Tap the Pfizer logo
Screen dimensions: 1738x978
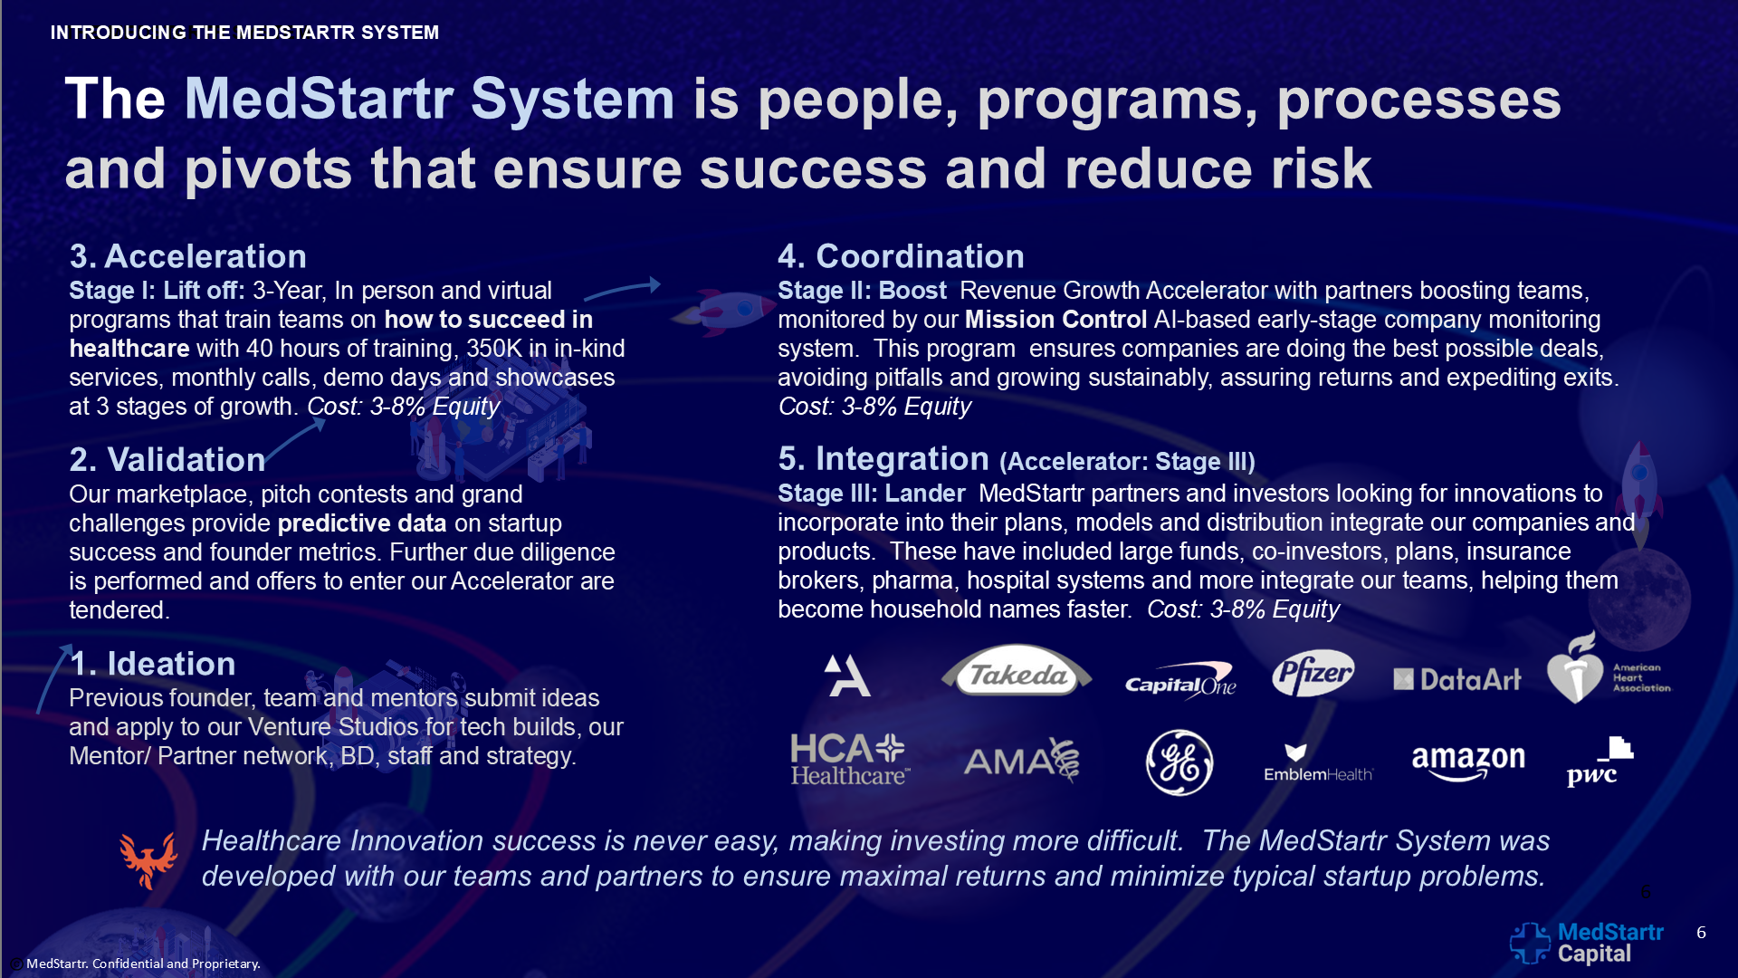point(1313,673)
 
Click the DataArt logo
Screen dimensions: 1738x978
point(1457,679)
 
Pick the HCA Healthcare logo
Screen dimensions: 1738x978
point(850,759)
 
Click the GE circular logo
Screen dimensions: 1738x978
point(1179,762)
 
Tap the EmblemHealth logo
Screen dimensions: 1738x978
point(1319,762)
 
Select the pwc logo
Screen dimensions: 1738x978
point(1600,762)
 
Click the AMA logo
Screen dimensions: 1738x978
point(1022,760)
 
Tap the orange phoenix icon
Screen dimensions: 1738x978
point(148,859)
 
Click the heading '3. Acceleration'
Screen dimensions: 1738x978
point(188,256)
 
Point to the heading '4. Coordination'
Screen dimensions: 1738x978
point(902,256)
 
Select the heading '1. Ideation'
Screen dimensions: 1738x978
point(153,664)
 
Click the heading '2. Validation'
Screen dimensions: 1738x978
point(167,460)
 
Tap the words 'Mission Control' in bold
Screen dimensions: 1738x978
point(1056,320)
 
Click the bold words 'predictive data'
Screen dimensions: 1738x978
point(362,523)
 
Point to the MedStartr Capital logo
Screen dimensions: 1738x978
point(1587,943)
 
